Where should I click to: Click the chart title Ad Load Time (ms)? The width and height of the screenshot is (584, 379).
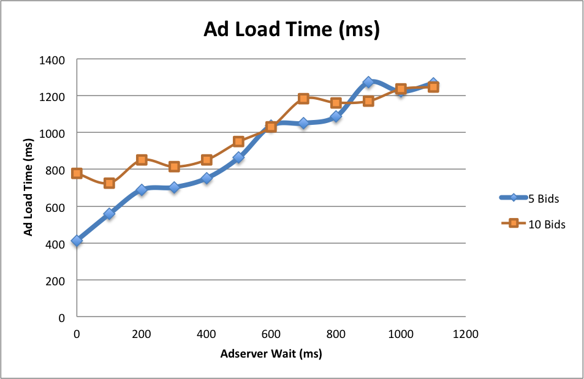[292, 29]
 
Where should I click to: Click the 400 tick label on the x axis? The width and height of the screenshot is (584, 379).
[206, 334]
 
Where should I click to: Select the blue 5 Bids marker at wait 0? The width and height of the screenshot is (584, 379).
[77, 241]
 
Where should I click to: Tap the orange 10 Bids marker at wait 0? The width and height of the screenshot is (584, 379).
[77, 173]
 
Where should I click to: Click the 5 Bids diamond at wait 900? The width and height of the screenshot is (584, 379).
[368, 82]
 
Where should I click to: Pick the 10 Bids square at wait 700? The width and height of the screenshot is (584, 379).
[303, 99]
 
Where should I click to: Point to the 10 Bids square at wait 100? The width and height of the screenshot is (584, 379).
[109, 183]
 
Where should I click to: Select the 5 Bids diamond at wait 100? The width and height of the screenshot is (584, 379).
[109, 214]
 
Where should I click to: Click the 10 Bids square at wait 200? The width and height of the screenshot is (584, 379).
[142, 160]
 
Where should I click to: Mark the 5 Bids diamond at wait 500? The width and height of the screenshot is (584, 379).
[238, 157]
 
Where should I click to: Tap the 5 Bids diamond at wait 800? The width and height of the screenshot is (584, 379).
[336, 116]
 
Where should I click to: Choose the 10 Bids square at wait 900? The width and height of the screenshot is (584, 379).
[368, 101]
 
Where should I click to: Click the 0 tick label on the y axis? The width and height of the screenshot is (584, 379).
[62, 318]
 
